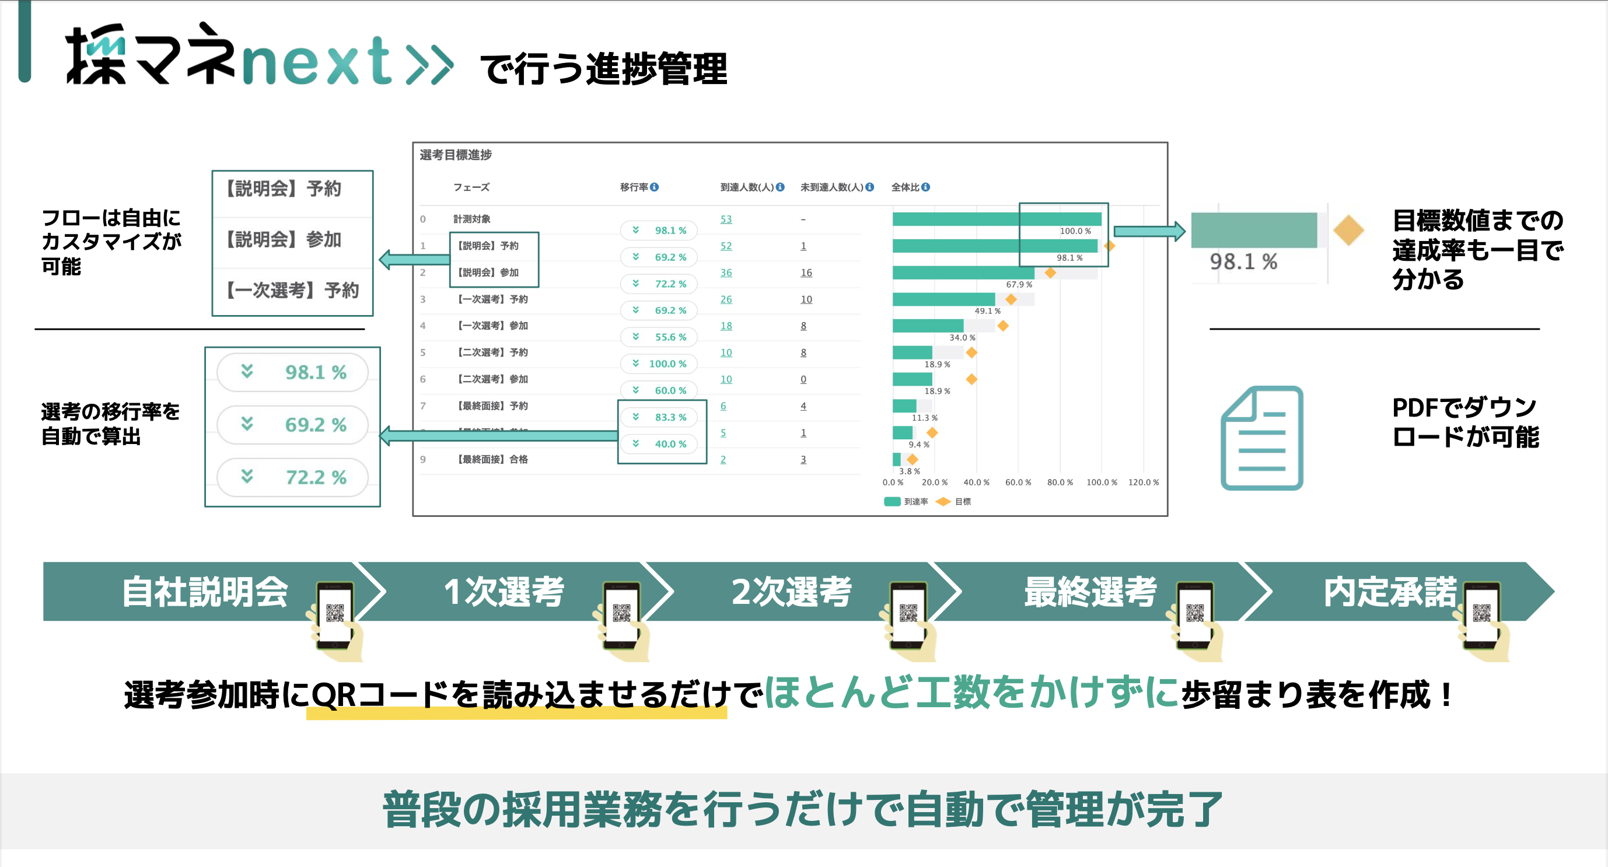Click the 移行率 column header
634,187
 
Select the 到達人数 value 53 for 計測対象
725,219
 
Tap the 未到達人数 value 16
806,273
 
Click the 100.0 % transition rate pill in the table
659,363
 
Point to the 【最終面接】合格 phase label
492,459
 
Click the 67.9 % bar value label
1019,285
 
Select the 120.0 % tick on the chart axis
1143,483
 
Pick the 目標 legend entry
955,501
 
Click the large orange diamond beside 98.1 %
1348,230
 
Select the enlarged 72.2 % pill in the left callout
292,477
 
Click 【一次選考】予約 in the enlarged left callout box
292,290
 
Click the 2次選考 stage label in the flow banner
791,591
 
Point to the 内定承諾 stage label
1390,591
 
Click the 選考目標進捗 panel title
456,155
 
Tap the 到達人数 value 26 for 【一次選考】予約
725,300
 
